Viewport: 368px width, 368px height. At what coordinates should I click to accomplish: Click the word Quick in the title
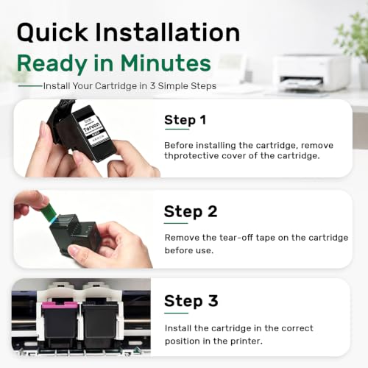coord(52,32)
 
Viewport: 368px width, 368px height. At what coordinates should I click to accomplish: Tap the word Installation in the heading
coord(168,32)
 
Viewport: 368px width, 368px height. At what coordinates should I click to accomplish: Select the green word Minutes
coord(166,63)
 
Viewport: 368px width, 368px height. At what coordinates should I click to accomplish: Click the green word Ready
coord(52,64)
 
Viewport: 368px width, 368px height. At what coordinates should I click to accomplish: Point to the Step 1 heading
coord(185,120)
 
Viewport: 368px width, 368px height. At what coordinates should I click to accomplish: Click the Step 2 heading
coord(191,212)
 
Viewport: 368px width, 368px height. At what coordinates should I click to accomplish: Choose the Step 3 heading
coord(191,301)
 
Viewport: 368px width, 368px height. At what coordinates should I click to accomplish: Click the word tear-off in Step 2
coord(236,238)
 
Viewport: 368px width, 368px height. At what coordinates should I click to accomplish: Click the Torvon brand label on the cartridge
coord(91,127)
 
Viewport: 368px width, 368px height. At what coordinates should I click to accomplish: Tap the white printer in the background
coord(311,73)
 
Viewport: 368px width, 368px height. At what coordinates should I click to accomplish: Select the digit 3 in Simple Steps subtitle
coord(152,86)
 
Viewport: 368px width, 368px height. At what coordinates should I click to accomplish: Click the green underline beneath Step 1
coord(177,129)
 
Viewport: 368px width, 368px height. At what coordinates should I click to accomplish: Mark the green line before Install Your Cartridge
coord(30,86)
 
